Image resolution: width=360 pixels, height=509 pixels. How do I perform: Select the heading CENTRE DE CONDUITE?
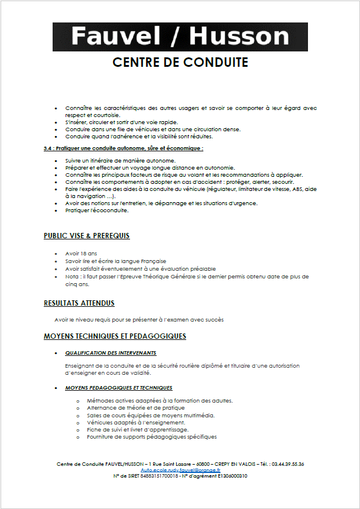pos(180,62)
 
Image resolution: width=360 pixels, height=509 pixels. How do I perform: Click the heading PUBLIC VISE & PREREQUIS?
pos(86,236)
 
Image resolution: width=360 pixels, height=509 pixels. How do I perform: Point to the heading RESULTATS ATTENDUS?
pos(79,303)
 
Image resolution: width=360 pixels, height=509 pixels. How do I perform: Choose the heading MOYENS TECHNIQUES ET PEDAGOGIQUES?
pos(115,336)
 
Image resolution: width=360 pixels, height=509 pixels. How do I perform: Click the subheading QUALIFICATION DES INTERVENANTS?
pos(111,353)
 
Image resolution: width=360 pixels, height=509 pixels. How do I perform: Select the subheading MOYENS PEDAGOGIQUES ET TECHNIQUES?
pos(119,388)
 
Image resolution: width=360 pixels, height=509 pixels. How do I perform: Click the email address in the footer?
pos(180,469)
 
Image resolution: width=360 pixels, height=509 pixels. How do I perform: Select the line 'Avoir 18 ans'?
pos(81,253)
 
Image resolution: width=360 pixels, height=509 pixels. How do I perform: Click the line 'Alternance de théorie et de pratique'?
pos(135,408)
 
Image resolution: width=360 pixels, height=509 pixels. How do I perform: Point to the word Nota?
pos(72,276)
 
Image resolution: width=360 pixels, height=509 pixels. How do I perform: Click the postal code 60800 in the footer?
pos(205,463)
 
